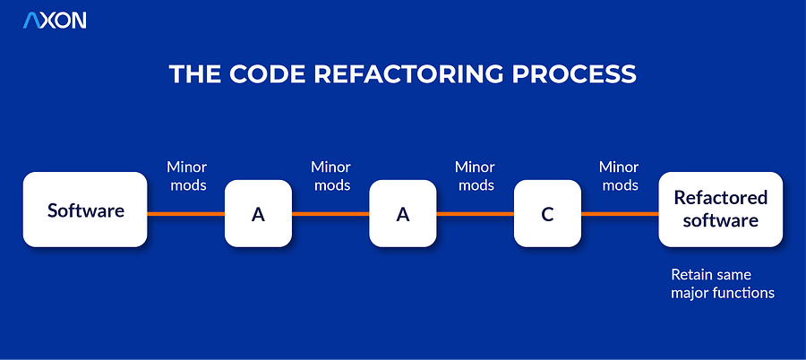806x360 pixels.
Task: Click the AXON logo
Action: click(55, 21)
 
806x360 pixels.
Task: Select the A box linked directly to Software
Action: click(258, 213)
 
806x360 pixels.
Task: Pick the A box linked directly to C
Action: click(403, 213)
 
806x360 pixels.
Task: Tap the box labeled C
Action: click(547, 213)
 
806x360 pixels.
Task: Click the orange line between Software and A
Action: click(185, 213)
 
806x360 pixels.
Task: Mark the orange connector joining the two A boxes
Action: click(330, 213)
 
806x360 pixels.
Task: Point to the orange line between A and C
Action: click(475, 213)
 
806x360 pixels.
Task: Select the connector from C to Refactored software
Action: click(620, 213)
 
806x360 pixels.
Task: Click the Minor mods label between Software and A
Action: click(186, 176)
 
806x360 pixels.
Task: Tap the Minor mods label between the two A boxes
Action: click(330, 176)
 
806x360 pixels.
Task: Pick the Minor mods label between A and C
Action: click(475, 176)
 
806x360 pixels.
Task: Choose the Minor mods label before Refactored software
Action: click(619, 176)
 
